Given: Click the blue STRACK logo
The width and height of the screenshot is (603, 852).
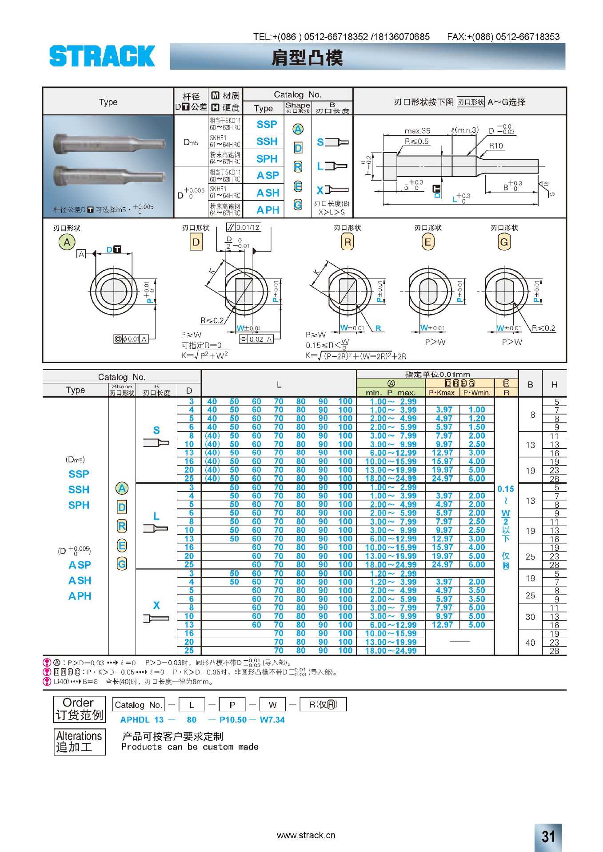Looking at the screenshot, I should coord(102,56).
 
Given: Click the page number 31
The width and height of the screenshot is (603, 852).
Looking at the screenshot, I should coord(548,836).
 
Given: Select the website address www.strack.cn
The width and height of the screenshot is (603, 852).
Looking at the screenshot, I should coord(306,835).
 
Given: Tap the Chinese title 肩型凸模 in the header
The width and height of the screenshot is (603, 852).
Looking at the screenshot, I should coord(307,58).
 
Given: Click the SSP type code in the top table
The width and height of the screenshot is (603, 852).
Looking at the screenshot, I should coord(267,124).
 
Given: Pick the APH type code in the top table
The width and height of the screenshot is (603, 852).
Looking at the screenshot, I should coord(268,210).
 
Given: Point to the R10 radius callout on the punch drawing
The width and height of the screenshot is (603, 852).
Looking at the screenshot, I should coord(496,146).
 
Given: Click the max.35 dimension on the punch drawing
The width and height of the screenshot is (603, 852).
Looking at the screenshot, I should coord(417,131).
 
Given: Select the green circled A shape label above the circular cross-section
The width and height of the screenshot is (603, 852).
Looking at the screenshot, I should coord(67,242).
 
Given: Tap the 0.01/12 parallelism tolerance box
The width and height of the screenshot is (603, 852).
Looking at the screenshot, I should coord(244,228).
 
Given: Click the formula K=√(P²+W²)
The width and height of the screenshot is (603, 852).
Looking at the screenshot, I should coord(205,355).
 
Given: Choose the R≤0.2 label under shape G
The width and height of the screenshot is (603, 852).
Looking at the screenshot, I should coord(543,328).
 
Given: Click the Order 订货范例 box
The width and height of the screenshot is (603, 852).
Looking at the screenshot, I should coord(79,709).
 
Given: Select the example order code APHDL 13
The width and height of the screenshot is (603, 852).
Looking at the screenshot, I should coord(142,720).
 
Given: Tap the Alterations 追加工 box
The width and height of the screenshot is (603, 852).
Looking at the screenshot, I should coord(79,742).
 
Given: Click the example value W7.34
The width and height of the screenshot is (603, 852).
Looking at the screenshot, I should coord(272,720).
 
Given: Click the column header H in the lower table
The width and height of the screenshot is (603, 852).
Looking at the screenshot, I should coord(555,385).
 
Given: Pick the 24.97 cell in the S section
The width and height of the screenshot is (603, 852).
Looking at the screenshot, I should coord(442,478).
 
